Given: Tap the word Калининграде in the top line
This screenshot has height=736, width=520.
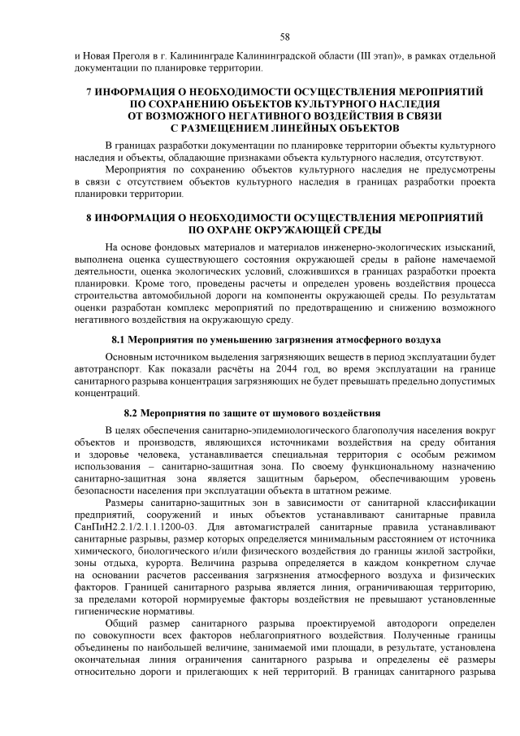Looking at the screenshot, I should [x=202, y=54].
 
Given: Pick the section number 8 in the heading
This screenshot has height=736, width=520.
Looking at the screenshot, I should [x=89, y=218].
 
